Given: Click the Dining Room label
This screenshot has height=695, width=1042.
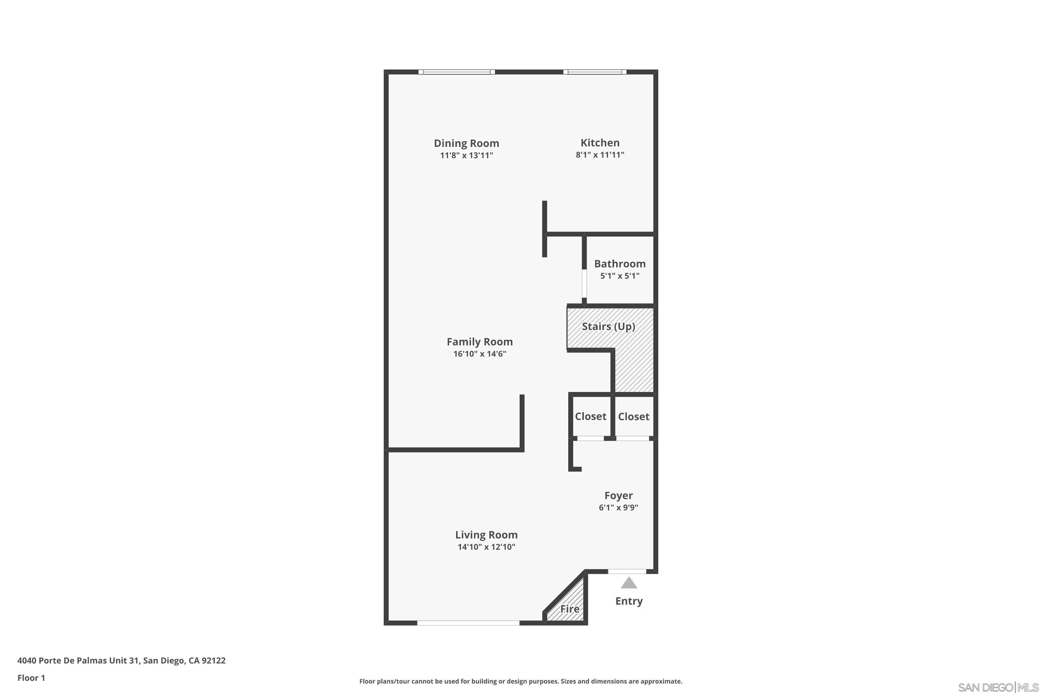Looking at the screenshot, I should click(x=466, y=143).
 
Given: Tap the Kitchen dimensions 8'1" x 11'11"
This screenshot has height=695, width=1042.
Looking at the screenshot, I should click(x=600, y=155).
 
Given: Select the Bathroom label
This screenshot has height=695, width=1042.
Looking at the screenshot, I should click(x=619, y=264).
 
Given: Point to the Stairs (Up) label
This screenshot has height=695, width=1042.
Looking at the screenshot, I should click(x=608, y=327).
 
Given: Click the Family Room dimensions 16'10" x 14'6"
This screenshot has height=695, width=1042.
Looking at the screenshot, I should click(x=479, y=354).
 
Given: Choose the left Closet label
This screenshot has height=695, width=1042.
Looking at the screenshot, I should click(x=590, y=416).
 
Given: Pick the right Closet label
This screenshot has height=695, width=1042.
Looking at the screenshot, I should click(x=634, y=417).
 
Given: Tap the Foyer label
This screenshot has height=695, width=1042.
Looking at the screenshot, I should click(x=619, y=496).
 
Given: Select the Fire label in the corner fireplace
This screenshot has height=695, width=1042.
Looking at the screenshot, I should click(x=570, y=609).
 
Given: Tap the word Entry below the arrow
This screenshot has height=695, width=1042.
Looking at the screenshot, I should click(x=629, y=601).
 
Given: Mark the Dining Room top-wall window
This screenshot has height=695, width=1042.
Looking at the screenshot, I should click(x=456, y=72).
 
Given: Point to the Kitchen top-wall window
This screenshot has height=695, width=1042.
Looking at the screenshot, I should click(x=595, y=72).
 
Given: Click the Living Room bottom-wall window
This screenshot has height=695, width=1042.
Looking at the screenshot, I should click(x=468, y=623).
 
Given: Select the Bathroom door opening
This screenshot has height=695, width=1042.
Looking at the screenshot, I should click(x=584, y=283).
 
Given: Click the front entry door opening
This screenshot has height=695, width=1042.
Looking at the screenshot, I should click(x=627, y=571).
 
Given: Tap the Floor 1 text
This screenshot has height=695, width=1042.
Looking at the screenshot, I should click(x=31, y=678).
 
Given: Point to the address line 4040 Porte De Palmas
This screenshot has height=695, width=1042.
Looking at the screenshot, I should click(x=121, y=661).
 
